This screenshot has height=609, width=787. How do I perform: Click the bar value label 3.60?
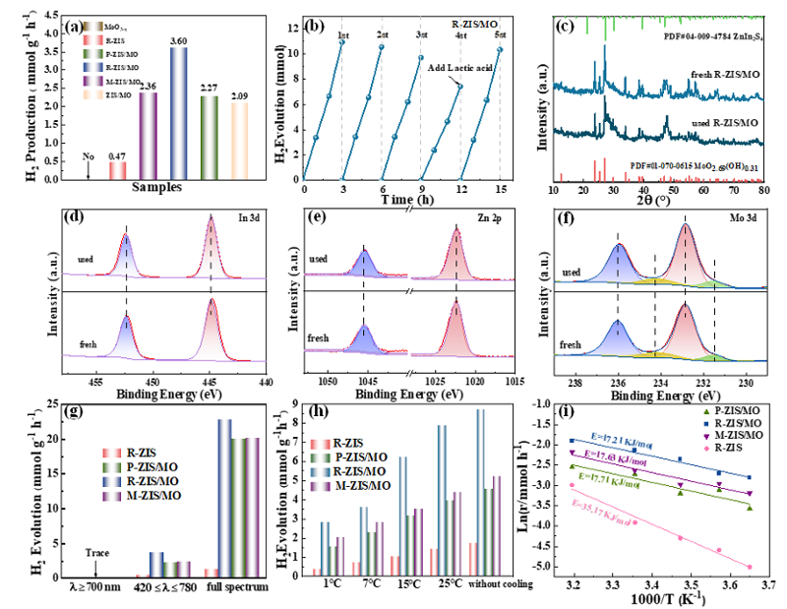pyautogui.click(x=177, y=40)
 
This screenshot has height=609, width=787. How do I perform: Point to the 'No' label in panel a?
pyautogui.click(x=89, y=154)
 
